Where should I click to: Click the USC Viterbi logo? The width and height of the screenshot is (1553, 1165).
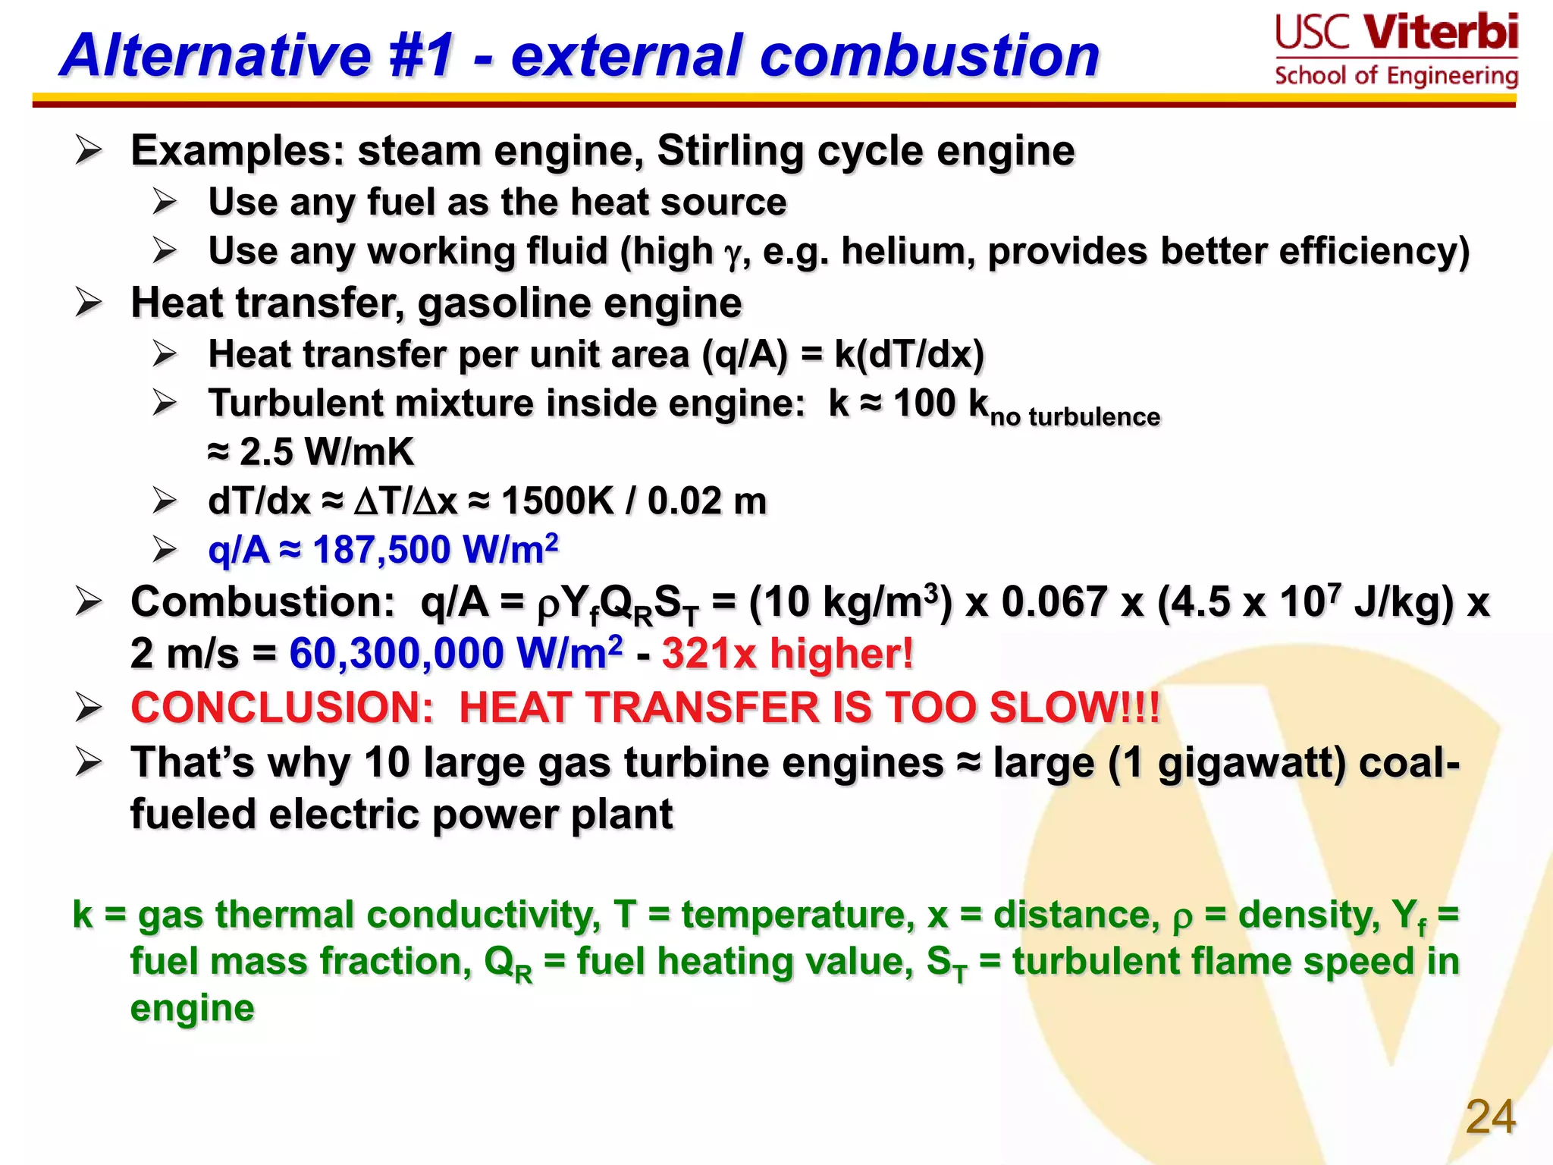pyautogui.click(x=1396, y=51)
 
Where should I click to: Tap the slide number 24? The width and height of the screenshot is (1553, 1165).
pyautogui.click(x=1490, y=1116)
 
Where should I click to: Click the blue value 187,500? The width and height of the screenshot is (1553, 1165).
pyautogui.click(x=383, y=550)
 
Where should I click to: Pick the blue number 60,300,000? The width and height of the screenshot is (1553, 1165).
pyautogui.click(x=396, y=653)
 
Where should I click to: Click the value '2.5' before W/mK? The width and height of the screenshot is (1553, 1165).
pyautogui.click(x=266, y=452)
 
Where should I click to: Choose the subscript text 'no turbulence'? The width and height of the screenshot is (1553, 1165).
pyautogui.click(x=1075, y=417)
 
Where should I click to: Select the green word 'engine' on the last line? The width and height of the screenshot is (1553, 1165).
pyautogui.click(x=192, y=1008)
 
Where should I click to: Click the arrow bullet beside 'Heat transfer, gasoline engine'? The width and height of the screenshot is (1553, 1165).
pyautogui.click(x=89, y=303)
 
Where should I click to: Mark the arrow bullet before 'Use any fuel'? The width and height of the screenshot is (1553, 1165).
pyautogui.click(x=165, y=202)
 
